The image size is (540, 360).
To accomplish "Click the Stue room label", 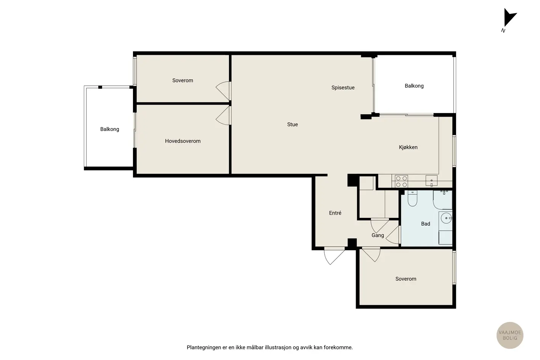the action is point(292,124).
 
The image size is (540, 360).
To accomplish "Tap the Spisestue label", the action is point(343,88).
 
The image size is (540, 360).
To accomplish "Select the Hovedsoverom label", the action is point(183,141).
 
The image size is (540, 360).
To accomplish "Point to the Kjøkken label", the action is point(408,147).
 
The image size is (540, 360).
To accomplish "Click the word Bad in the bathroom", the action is point(426,224).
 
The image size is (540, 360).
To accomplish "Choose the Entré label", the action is point(335,213).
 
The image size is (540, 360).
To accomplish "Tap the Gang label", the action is point(378,235).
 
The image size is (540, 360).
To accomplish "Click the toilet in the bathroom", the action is point(412,198).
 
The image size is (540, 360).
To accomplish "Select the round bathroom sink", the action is point(446,218).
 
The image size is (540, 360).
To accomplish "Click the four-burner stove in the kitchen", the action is point(401,181).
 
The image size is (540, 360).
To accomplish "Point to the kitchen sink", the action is point(431,181).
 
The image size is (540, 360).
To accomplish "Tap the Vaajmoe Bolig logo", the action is point(510,335).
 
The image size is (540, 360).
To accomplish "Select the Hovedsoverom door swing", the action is point(223,116).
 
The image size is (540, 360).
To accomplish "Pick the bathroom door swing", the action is point(393,235).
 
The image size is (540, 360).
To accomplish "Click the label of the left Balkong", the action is point(110,129).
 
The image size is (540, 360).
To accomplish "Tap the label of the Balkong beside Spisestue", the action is point(414,86).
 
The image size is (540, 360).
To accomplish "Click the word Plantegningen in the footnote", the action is point(204,347).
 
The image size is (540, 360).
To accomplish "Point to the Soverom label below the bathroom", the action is point(406,279).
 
